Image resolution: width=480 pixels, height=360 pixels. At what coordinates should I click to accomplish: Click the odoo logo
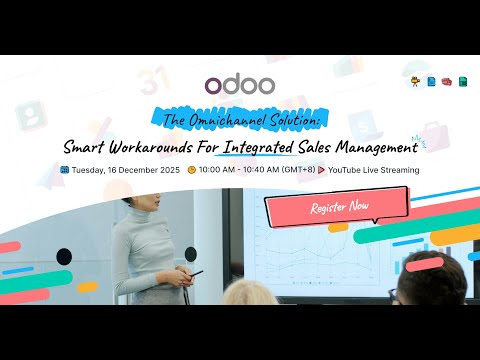239,87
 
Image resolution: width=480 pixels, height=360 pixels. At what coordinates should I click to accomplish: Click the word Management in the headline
379,148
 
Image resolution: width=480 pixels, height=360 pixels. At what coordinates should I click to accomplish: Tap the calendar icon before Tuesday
65,170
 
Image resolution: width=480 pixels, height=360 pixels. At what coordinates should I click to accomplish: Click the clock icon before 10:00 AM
191,170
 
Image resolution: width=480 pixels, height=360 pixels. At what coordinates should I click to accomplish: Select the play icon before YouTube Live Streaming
320,170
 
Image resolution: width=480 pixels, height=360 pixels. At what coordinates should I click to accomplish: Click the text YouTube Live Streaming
373,170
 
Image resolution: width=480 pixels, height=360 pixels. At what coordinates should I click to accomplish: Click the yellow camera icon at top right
415,81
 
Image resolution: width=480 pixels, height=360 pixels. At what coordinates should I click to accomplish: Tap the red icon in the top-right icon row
446,81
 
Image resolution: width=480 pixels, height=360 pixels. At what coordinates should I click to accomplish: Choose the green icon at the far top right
462,81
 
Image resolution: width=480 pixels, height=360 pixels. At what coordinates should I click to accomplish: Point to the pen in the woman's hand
195,272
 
